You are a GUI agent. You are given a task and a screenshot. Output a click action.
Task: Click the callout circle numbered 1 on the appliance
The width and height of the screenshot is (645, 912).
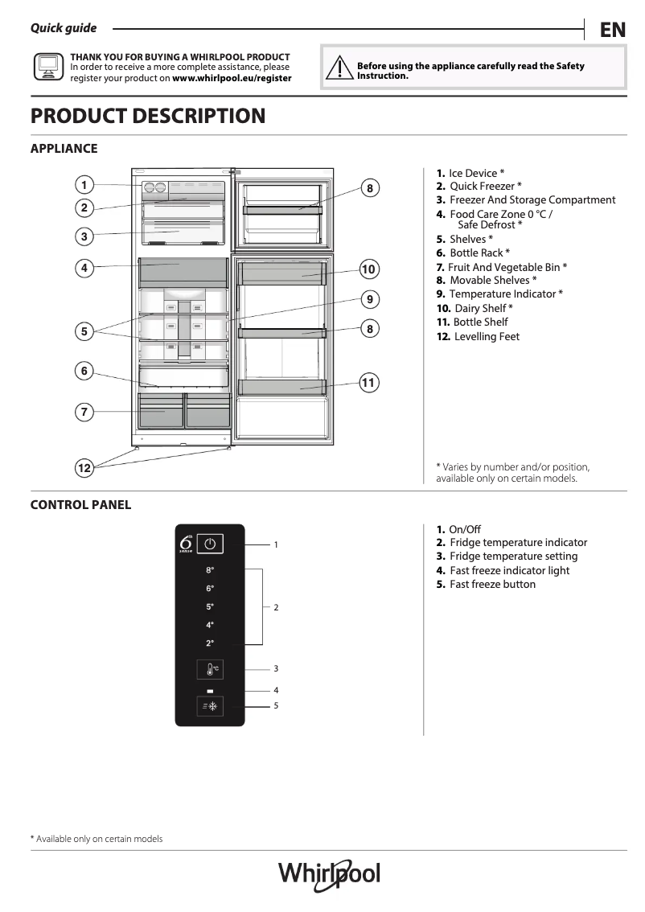[x=84, y=184]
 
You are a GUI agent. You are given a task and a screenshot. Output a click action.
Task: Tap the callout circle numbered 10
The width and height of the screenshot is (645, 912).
[x=368, y=269]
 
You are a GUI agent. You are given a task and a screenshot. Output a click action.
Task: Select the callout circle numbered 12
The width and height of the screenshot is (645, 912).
[x=84, y=467]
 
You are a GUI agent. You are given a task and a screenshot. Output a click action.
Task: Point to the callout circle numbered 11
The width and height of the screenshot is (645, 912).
[x=368, y=383]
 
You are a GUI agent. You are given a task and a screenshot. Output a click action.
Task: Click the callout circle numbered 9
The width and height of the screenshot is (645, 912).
[x=368, y=299]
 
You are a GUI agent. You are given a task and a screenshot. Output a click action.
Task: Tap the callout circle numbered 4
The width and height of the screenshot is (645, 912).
[x=84, y=268]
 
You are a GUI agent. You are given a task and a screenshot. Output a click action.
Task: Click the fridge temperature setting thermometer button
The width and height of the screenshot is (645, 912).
[x=210, y=668]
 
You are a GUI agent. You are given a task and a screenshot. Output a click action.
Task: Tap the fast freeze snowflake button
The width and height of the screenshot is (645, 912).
[x=210, y=706]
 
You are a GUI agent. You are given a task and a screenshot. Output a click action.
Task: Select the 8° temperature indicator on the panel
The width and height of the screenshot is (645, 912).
[x=210, y=570]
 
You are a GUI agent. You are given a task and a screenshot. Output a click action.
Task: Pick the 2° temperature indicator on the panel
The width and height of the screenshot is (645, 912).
[x=210, y=643]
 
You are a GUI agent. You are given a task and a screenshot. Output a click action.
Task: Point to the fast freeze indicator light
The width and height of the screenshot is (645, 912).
[x=210, y=691]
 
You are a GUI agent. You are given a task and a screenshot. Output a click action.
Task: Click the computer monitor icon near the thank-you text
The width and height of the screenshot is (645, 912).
[x=47, y=68]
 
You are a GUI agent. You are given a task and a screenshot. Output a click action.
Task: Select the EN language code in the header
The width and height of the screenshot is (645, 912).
[x=612, y=30]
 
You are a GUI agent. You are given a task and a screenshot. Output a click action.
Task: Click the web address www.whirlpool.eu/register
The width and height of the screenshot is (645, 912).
[x=232, y=79]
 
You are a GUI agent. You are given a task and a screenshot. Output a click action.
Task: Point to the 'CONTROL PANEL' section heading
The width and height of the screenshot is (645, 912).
[x=80, y=505]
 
